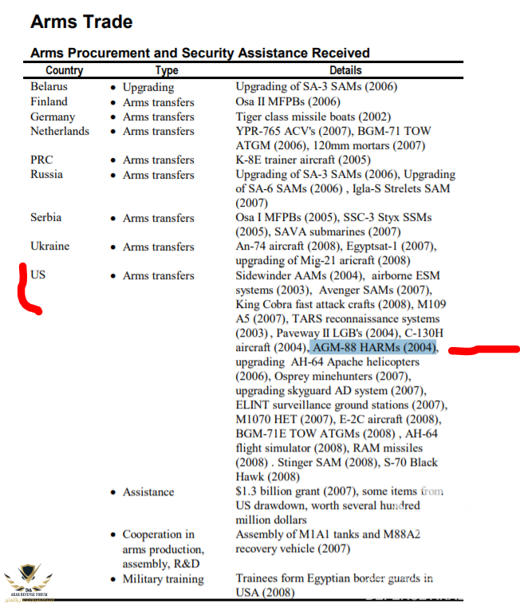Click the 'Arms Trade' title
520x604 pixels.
pyautogui.click(x=81, y=22)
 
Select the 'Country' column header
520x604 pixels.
pyautogui.click(x=64, y=70)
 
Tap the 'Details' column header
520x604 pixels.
pyautogui.click(x=345, y=70)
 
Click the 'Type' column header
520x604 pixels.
pyautogui.click(x=166, y=70)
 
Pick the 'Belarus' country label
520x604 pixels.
pyautogui.click(x=49, y=86)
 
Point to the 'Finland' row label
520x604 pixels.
pyautogui.click(x=49, y=101)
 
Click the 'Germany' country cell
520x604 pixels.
pyautogui.click(x=52, y=116)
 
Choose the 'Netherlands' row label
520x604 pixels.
pyautogui.click(x=60, y=131)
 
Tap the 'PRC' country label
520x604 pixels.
pyautogui.click(x=41, y=160)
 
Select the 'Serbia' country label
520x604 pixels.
pyautogui.click(x=45, y=217)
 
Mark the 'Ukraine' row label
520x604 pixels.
pyautogui.click(x=49, y=246)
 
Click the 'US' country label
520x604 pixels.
pyautogui.click(x=38, y=274)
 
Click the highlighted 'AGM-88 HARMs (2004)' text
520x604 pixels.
pyautogui.click(x=374, y=348)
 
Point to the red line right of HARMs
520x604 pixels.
pyautogui.click(x=483, y=349)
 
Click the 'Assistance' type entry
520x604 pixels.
pyautogui.click(x=148, y=492)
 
